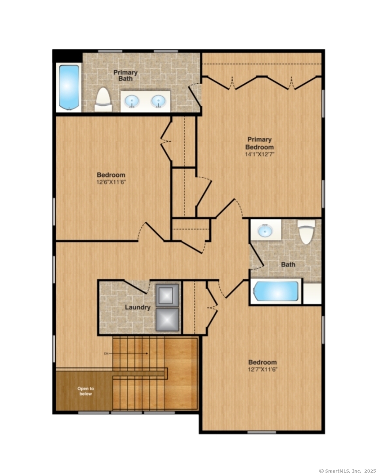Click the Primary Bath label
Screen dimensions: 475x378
pyautogui.click(x=125, y=76)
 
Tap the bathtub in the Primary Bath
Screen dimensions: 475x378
pyautogui.click(x=69, y=87)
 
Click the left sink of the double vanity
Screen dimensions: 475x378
pyautogui.click(x=132, y=101)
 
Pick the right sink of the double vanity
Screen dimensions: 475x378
pyautogui.click(x=158, y=101)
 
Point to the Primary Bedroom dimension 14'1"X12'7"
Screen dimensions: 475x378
pyautogui.click(x=259, y=154)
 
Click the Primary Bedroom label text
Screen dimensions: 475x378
pyautogui.click(x=259, y=143)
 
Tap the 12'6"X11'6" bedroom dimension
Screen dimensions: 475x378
pyautogui.click(x=111, y=182)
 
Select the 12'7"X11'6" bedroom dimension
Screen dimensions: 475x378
pyautogui.click(x=262, y=370)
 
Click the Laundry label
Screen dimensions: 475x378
pyautogui.click(x=138, y=307)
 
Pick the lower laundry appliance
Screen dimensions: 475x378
pyautogui.click(x=167, y=319)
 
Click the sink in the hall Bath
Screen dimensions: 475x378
pyautogui.click(x=265, y=231)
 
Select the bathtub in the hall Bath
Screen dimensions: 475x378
pyautogui.click(x=276, y=291)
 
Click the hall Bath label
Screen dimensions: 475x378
pyautogui.click(x=288, y=265)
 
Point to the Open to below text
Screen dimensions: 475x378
pyautogui.click(x=86, y=391)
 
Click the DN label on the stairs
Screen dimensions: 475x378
pyautogui.click(x=106, y=354)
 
